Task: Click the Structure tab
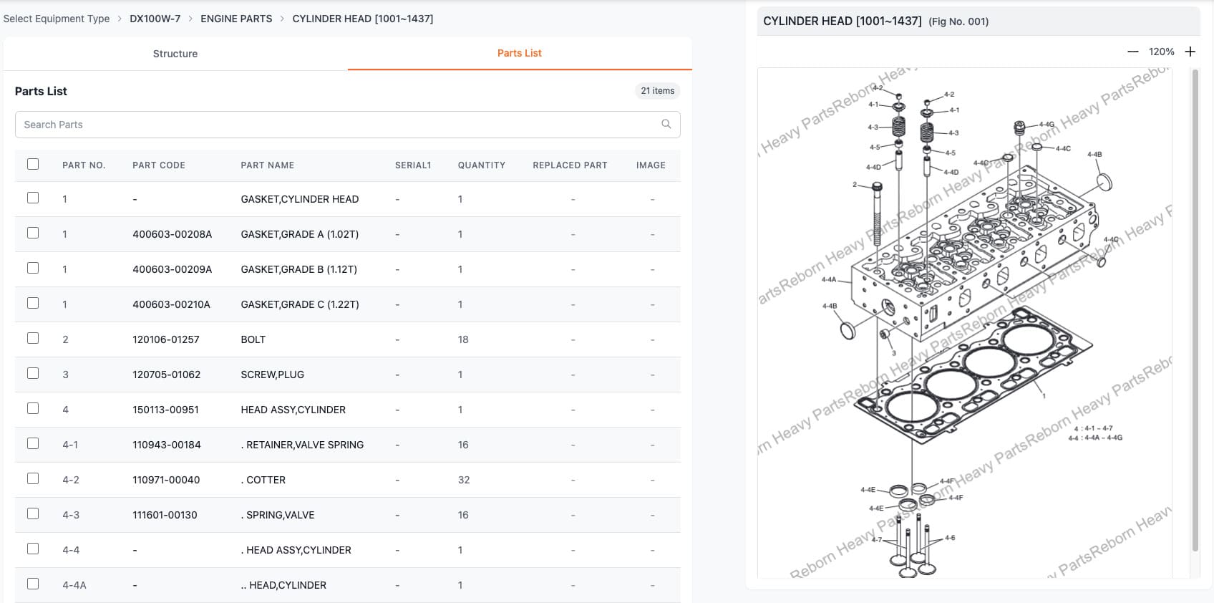point(175,54)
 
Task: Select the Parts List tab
point(519,53)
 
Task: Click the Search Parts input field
point(336,125)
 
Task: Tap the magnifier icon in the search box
point(666,124)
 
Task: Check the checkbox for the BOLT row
point(33,338)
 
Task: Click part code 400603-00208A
point(172,234)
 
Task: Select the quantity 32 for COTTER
point(464,480)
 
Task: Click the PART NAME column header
point(267,165)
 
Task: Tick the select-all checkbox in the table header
point(33,164)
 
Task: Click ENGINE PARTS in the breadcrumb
point(236,19)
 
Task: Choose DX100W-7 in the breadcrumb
point(155,19)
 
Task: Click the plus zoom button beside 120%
point(1190,52)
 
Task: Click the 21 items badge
point(657,91)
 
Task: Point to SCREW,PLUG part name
point(272,375)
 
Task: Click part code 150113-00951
point(165,410)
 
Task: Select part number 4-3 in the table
point(71,515)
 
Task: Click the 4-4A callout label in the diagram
point(828,280)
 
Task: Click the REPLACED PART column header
point(570,165)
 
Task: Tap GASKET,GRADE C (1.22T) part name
point(299,304)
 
